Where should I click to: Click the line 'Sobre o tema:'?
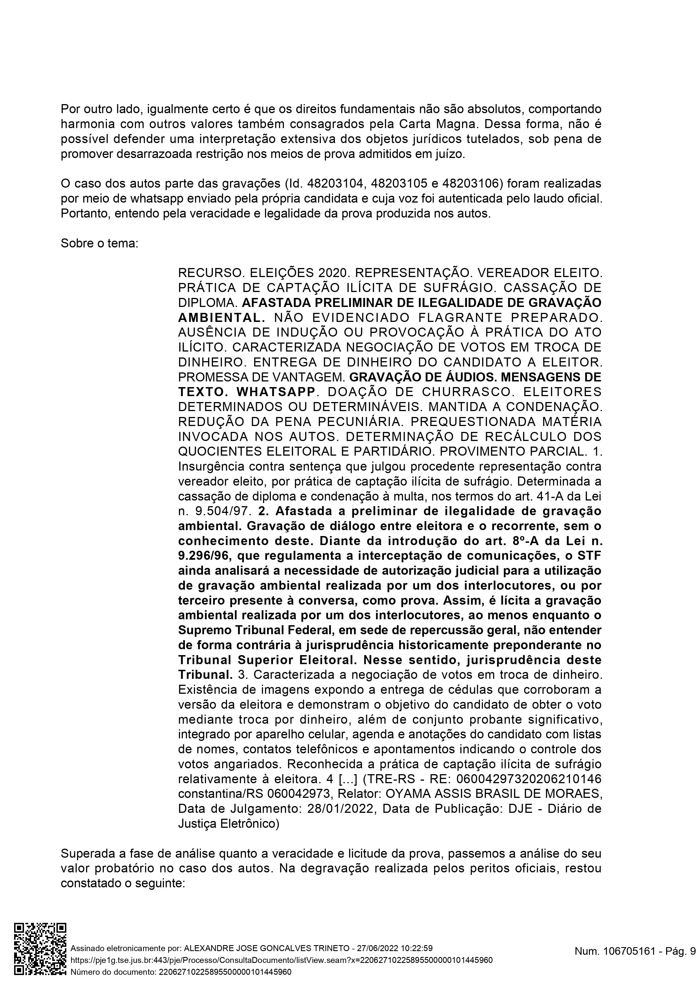tap(99, 243)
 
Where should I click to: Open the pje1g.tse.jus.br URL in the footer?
tap(281, 960)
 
